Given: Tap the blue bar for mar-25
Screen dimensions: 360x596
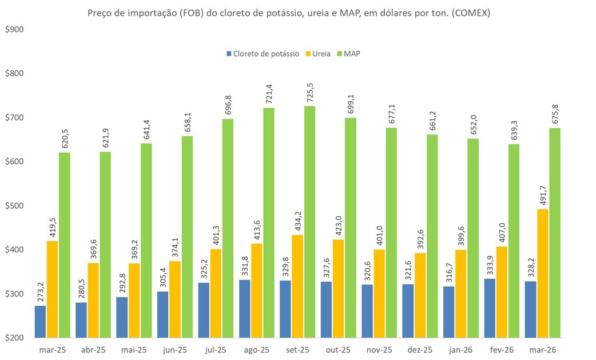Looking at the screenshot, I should [x=40, y=322].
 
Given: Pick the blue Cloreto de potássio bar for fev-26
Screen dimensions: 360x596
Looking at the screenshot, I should [x=490, y=308].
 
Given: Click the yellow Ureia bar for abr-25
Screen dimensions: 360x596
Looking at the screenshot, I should [x=93, y=300].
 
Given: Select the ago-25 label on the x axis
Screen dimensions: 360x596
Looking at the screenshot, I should [x=256, y=350].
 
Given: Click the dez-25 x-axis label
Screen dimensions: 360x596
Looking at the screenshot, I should [x=420, y=350].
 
